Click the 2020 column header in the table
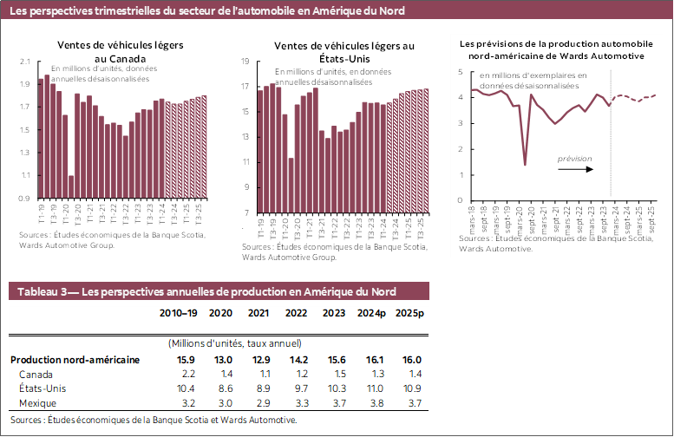pos(220,313)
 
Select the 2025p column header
pos(408,313)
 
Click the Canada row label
pos(36,373)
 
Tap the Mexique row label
pos(38,403)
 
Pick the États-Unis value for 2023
pos(334,388)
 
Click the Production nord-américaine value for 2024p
pos(370,359)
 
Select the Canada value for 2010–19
pos(186,373)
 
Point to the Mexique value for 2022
pos(297,403)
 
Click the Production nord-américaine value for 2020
pos(222,359)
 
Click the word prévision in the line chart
pos(574,159)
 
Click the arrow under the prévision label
pos(575,169)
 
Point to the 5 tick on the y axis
pos(461,72)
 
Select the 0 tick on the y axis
pos(461,200)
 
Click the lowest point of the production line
pos(525,164)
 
